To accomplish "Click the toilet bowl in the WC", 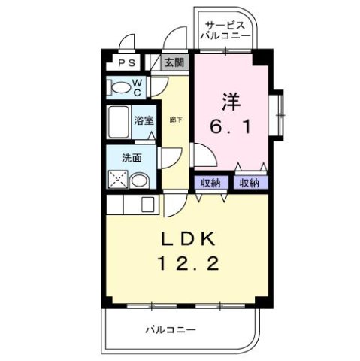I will [x=121, y=88].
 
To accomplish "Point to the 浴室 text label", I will [x=144, y=120].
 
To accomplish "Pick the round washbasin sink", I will [x=140, y=180].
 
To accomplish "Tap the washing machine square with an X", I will [x=118, y=180].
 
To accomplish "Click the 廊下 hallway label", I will [x=174, y=120].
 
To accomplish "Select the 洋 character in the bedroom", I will [x=232, y=99].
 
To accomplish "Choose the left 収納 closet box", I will [x=211, y=182].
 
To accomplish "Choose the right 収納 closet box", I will [x=250, y=182].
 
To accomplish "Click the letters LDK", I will [x=189, y=239].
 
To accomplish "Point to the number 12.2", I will [x=189, y=264].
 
